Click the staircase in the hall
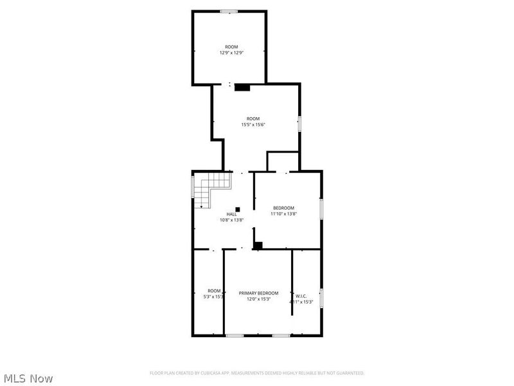213,190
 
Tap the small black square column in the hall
238,208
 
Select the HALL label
231,214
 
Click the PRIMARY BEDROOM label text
258,293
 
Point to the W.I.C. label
301,297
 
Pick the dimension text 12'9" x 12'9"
231,53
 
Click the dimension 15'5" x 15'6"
253,124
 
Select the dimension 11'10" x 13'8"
283,214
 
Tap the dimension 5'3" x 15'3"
215,297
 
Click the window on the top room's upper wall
229,11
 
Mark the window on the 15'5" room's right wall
299,124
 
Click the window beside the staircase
193,187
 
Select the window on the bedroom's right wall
321,210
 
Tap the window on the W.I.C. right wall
321,298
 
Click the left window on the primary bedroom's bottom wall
235,335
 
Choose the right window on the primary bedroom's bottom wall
280,335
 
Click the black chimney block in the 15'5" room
242,87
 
